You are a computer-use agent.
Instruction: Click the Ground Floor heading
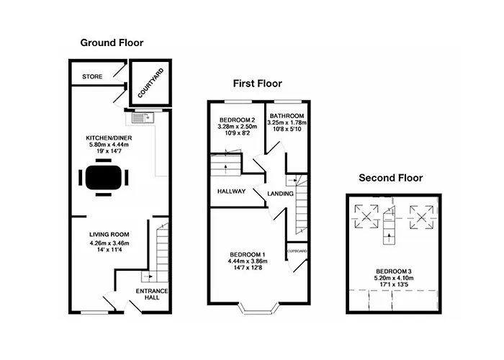pos(112,43)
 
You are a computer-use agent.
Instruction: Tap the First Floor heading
pos(258,84)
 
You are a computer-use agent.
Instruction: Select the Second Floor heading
pos(392,178)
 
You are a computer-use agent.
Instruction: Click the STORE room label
pos(91,76)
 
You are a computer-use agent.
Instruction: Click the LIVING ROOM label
pos(108,235)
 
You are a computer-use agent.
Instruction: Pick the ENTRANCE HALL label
pos(152,294)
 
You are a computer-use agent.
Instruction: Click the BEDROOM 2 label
pos(237,120)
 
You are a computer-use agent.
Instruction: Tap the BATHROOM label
pos(287,116)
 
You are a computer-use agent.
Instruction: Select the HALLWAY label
pos(231,192)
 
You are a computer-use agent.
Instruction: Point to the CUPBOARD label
pos(298,251)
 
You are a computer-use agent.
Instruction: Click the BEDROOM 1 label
pos(248,254)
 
